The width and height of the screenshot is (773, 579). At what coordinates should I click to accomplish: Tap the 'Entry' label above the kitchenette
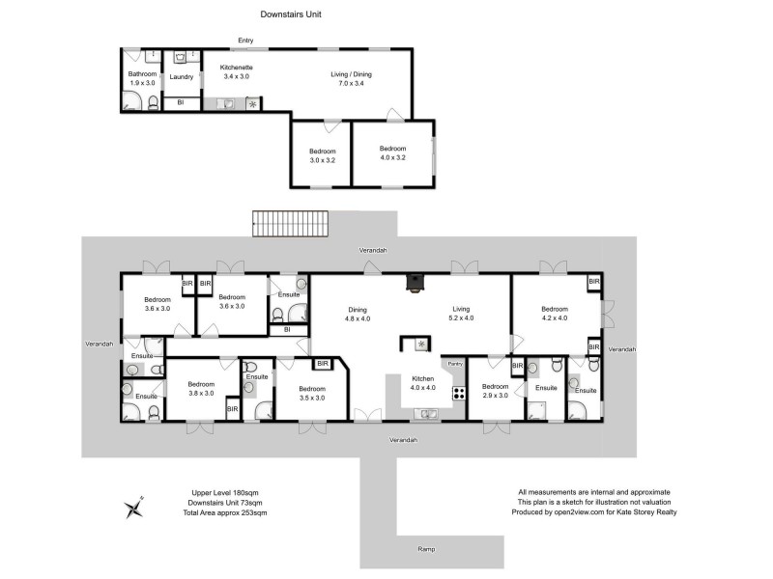click(246, 40)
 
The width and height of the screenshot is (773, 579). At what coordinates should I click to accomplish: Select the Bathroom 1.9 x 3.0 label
click(142, 79)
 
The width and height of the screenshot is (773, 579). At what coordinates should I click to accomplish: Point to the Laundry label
click(182, 77)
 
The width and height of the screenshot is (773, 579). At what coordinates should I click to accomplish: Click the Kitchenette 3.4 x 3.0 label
click(236, 71)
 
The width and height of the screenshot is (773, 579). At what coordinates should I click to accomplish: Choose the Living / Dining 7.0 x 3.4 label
click(352, 79)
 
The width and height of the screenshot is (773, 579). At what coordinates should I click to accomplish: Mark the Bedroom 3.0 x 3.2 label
click(323, 155)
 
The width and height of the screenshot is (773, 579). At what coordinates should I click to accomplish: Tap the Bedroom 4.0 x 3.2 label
click(392, 153)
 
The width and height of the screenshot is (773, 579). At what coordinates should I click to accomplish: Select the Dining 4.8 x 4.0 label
click(358, 314)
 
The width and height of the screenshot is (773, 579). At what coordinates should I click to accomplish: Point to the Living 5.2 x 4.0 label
click(461, 314)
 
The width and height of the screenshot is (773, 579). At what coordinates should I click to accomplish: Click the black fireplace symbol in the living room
click(415, 283)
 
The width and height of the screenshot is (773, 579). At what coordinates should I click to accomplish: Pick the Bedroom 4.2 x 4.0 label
click(554, 313)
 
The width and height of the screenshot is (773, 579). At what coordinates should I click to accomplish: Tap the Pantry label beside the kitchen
click(455, 364)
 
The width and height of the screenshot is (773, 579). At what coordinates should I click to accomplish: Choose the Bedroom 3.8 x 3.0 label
click(200, 389)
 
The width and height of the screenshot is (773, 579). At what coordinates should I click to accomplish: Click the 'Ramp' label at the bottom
click(426, 549)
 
